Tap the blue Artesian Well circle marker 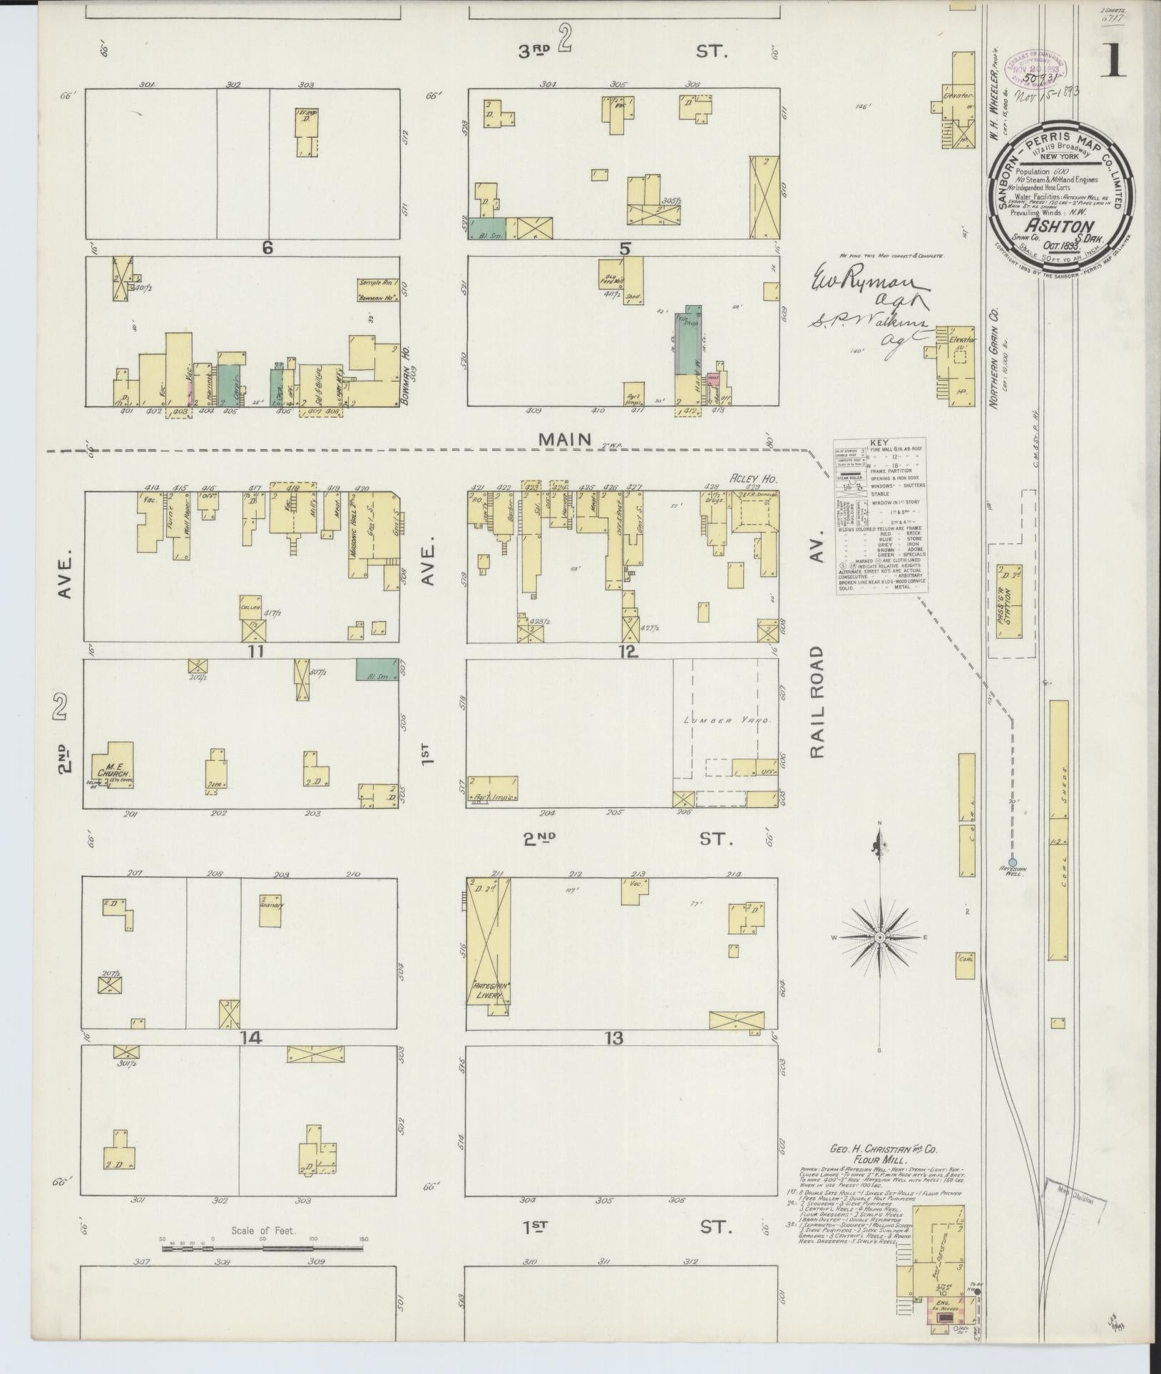tap(1012, 862)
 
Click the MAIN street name tap(565, 440)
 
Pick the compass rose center tap(880, 936)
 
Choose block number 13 tap(614, 1038)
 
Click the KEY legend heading tap(879, 442)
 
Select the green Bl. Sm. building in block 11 tap(377, 670)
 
